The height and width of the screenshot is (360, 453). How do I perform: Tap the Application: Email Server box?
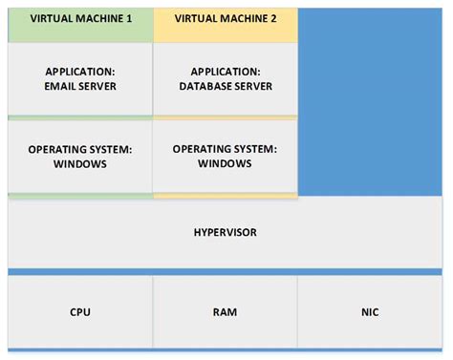click(80, 79)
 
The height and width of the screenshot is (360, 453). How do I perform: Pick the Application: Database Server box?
click(225, 79)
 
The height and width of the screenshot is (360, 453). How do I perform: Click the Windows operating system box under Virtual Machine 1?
click(80, 157)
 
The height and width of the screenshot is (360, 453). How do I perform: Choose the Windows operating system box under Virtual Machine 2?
click(225, 157)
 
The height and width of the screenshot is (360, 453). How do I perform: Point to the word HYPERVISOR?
click(225, 232)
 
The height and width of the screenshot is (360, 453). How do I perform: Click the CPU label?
click(80, 312)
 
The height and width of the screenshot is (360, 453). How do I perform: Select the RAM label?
click(225, 312)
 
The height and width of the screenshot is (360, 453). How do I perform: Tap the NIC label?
click(370, 312)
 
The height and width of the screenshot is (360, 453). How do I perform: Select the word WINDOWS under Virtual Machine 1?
click(80, 164)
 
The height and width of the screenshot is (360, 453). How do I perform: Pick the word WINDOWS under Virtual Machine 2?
click(225, 163)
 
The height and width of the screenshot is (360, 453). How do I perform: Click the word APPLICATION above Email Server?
click(80, 72)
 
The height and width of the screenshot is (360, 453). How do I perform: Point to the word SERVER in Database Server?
click(253, 87)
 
